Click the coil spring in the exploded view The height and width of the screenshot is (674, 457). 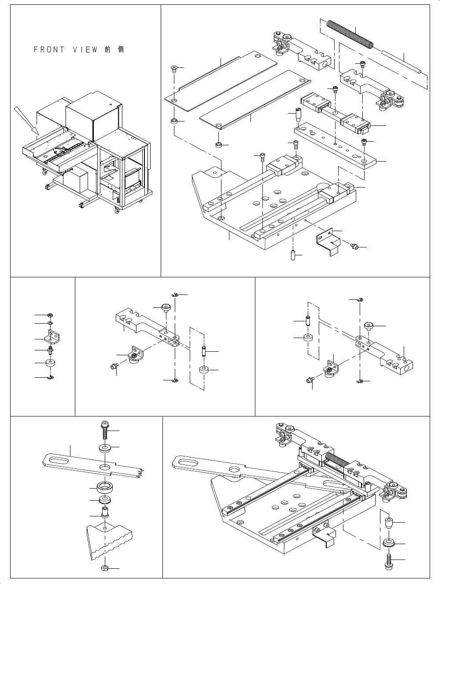[x=350, y=33]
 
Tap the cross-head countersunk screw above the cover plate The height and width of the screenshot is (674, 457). [x=174, y=69]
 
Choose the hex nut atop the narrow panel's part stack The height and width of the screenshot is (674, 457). [x=51, y=315]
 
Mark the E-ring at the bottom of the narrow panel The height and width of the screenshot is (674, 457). [x=51, y=377]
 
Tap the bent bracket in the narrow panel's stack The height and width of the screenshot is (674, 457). [x=52, y=337]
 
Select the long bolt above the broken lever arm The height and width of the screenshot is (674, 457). [x=105, y=429]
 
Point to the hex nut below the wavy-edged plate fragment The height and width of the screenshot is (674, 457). [x=105, y=568]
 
